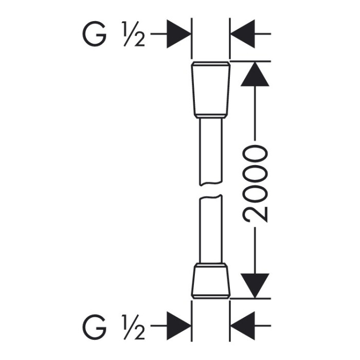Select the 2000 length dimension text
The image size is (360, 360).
tap(255, 184)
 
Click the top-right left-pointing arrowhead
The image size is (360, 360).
tap(242, 34)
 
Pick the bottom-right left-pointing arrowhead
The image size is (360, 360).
tap(242, 326)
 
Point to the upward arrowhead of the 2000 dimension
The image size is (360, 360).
tap(255, 74)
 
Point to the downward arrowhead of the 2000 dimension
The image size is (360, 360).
tap(255, 286)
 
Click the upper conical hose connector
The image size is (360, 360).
tap(210, 90)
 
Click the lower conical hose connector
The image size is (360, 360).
tap(210, 281)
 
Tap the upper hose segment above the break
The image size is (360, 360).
tap(211, 152)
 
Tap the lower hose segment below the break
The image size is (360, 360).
tap(211, 229)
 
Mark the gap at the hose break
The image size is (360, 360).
tap(211, 190)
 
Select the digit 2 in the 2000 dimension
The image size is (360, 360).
tap(255, 214)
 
